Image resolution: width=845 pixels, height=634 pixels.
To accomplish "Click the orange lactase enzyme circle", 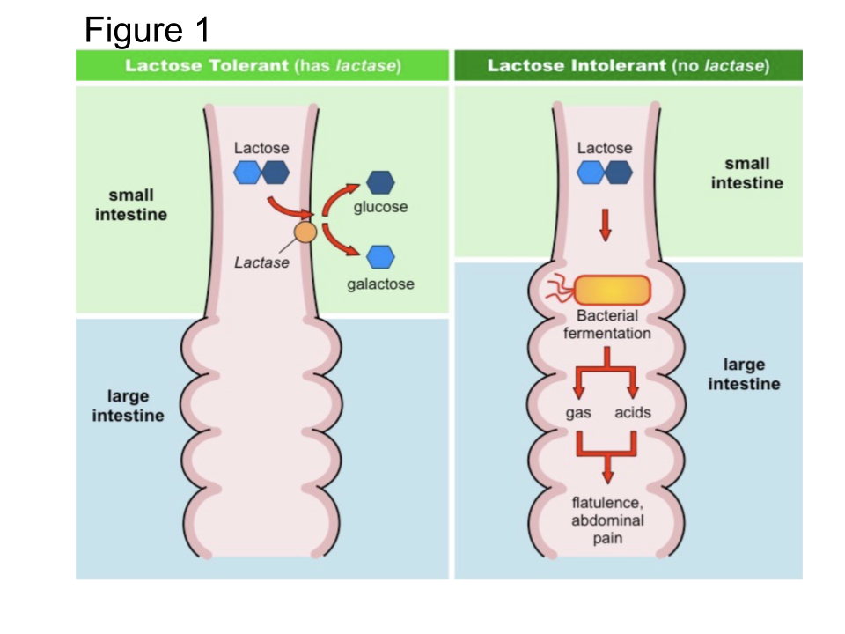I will pos(305,232).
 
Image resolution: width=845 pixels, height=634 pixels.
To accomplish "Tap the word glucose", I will pos(380,207).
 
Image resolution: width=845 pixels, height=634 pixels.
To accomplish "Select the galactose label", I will pos(380,284).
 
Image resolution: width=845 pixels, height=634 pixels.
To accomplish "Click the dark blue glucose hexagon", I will pos(380,182).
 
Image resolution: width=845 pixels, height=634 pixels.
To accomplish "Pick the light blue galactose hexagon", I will pos(380,256).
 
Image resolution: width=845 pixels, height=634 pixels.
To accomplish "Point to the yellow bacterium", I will pos(613,291).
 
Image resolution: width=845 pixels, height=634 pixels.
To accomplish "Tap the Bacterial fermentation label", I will pos(607,324).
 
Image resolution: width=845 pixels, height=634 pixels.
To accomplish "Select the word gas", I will pos(577,412).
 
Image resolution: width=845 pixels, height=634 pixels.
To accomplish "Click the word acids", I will pos(633,412).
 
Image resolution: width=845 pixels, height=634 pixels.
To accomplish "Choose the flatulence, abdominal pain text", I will pos(607,520).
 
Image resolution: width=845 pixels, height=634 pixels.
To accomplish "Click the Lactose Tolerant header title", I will pos(262,66).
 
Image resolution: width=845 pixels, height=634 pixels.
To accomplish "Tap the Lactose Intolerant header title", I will pos(628,66).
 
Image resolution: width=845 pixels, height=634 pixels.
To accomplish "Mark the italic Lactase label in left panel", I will pos(261,262).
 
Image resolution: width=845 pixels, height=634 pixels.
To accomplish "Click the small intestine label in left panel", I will pos(131,204).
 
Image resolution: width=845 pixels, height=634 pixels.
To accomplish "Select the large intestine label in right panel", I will pos(744,374).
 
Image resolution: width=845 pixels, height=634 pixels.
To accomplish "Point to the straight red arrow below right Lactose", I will pos(605,225).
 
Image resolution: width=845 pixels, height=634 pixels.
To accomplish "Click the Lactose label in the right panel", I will pos(605,148).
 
